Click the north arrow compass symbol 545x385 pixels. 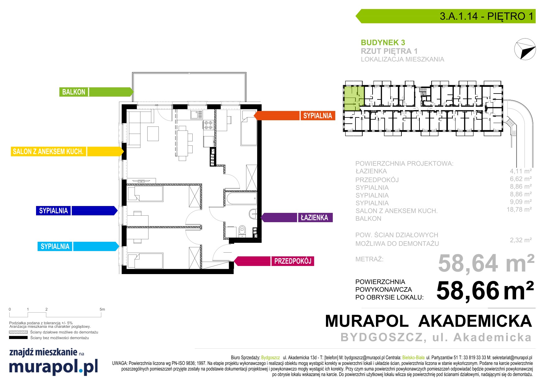coord(525,49)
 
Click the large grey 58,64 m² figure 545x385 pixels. coord(486,264)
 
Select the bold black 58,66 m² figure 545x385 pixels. coord(485,291)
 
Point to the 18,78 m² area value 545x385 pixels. coord(519,210)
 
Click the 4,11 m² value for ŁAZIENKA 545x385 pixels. coord(521,171)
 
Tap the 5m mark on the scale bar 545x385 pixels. coord(102,309)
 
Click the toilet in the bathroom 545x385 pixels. coord(242,231)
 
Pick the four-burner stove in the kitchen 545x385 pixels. coord(208,125)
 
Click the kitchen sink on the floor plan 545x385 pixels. coord(197,114)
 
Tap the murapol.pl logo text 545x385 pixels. coord(53,366)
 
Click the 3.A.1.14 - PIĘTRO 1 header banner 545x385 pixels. coord(446,16)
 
